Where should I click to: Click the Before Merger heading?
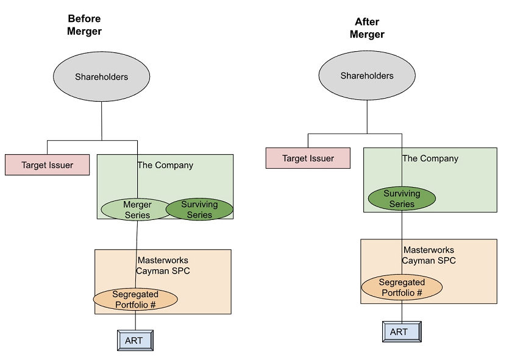pos(84,25)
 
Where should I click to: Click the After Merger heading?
pos(367,29)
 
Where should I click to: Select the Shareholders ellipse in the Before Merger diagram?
pos(102,77)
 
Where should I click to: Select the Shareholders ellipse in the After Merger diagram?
pos(367,76)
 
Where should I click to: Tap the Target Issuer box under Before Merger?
pos(48,165)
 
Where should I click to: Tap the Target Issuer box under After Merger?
pos(308,158)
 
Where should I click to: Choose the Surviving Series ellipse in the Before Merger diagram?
pos(199,210)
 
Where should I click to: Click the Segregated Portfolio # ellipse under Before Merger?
pos(135,299)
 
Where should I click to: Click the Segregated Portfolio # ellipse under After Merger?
pos(402,288)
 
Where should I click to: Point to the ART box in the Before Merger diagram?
pos(134,341)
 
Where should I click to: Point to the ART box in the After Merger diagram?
pos(401,332)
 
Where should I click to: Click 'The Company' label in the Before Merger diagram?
pos(165,165)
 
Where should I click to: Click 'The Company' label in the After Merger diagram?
pos(430,158)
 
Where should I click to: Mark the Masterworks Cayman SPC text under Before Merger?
pos(163,266)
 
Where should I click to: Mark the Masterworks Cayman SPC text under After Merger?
pos(428,255)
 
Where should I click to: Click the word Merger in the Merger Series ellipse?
pos(137,205)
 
